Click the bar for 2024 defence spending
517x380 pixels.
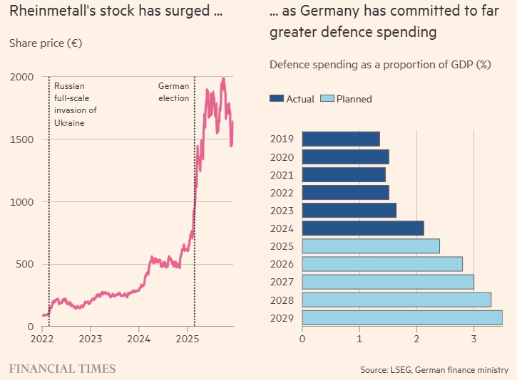pos(363,228)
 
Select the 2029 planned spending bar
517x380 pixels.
pos(402,317)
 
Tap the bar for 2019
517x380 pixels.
pos(341,139)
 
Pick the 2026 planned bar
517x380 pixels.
pos(382,264)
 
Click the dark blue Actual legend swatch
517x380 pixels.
pos(277,99)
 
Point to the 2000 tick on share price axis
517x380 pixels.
pos(22,77)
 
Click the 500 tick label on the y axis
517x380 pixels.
pos(26,264)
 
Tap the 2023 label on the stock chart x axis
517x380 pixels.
pos(90,339)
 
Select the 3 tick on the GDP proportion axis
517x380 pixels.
pos(474,339)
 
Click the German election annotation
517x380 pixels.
pos(174,92)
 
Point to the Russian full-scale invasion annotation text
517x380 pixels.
pos(74,104)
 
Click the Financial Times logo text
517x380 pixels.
pos(62,369)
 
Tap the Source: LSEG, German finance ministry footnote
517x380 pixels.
pos(434,370)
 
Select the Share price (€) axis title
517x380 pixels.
pos(46,43)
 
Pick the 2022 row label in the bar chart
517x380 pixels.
pos(283,192)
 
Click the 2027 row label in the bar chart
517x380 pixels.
pos(283,282)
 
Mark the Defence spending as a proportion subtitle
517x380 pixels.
pos(380,65)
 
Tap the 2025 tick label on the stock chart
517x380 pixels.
pos(187,339)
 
